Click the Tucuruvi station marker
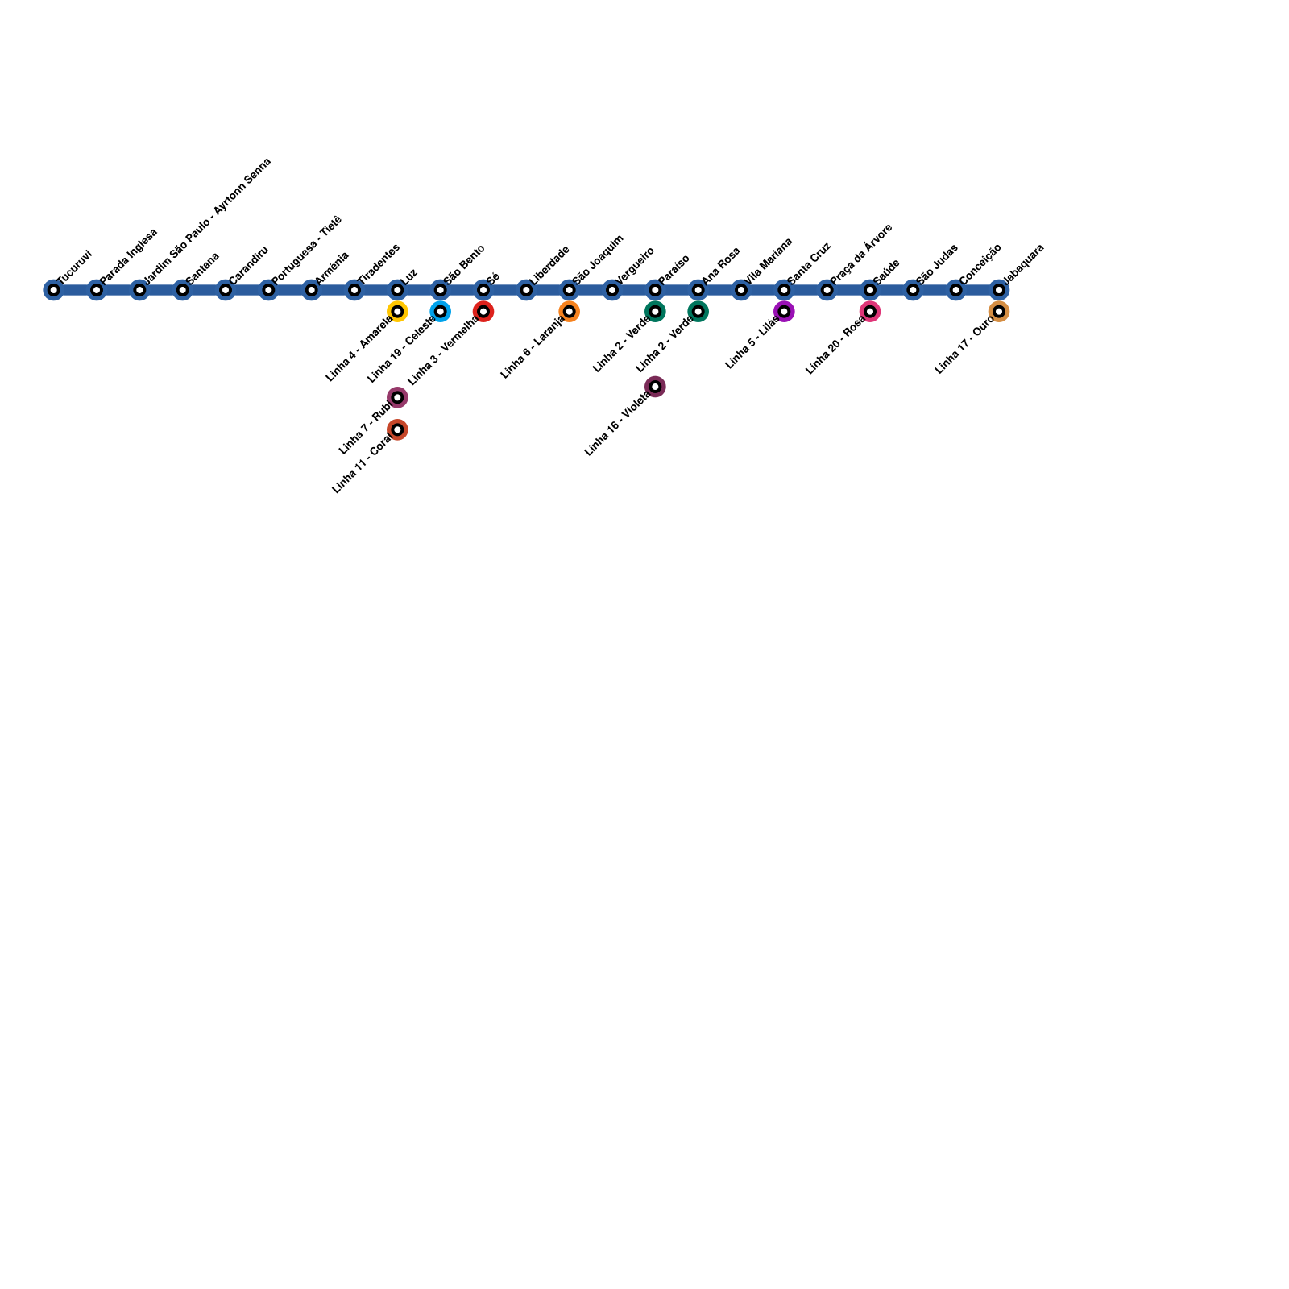point(53,290)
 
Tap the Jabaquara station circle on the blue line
point(998,290)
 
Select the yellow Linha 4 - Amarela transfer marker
point(397,312)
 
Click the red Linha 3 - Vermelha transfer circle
point(483,312)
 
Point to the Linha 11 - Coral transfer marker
point(397,429)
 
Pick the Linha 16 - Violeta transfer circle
point(656,387)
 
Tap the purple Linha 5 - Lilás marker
point(784,312)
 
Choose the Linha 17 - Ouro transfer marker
point(998,312)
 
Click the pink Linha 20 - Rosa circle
point(870,312)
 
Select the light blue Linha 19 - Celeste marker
point(440,312)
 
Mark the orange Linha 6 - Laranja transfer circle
point(569,312)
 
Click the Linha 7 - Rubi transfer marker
point(397,397)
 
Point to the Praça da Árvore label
point(861,253)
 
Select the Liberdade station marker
point(526,290)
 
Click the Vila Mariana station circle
point(741,290)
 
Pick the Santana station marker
point(182,290)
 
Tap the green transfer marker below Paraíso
point(656,312)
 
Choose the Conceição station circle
point(955,290)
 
